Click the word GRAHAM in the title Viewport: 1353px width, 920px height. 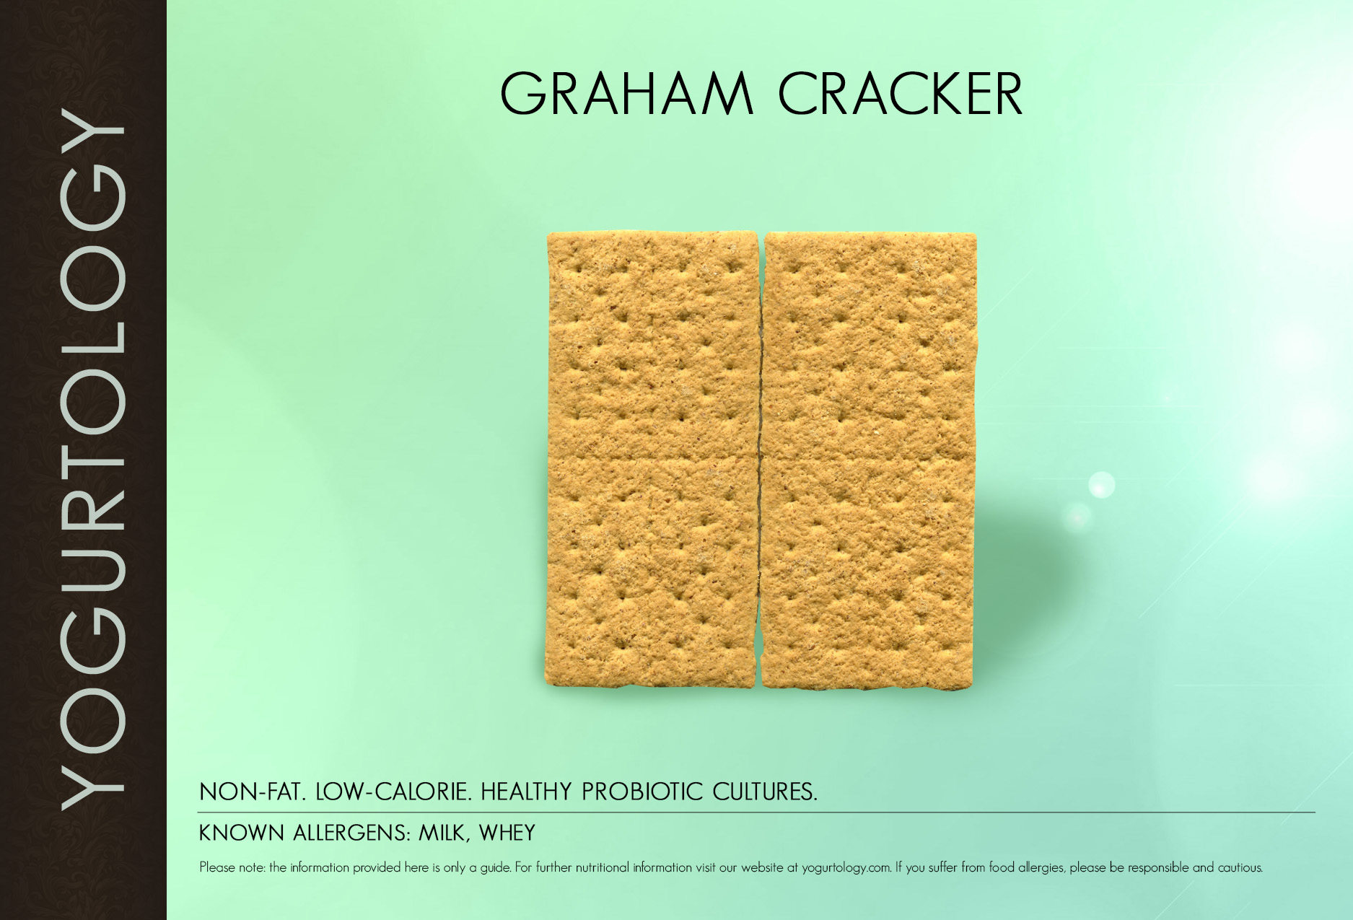[x=626, y=95]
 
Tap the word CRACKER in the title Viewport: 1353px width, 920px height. [x=900, y=95]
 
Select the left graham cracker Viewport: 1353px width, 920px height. [x=652, y=460]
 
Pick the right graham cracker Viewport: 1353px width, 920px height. [x=868, y=460]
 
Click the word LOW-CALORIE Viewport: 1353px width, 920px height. [x=393, y=792]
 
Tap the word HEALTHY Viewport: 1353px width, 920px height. [x=526, y=792]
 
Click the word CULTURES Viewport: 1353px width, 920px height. [x=765, y=792]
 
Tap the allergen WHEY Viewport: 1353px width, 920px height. [x=507, y=833]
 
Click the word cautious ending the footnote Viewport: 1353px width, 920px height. [x=1240, y=867]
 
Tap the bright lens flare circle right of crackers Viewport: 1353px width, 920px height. [x=1101, y=485]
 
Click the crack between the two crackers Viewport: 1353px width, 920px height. [x=760, y=460]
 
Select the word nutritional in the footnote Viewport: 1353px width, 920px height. [x=601, y=867]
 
